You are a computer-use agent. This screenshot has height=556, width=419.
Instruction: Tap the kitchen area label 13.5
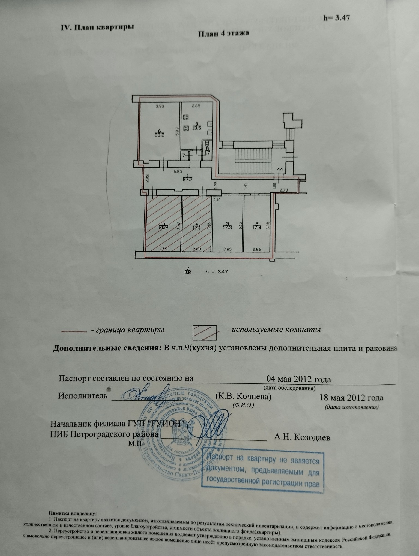196,128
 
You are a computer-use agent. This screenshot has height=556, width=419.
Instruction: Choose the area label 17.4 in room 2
257,228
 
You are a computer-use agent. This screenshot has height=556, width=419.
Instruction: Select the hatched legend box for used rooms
205,333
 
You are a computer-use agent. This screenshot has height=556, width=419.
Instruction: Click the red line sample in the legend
74,331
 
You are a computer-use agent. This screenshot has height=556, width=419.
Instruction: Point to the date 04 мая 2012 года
298,379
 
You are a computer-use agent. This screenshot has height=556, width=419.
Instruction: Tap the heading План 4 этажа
223,34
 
